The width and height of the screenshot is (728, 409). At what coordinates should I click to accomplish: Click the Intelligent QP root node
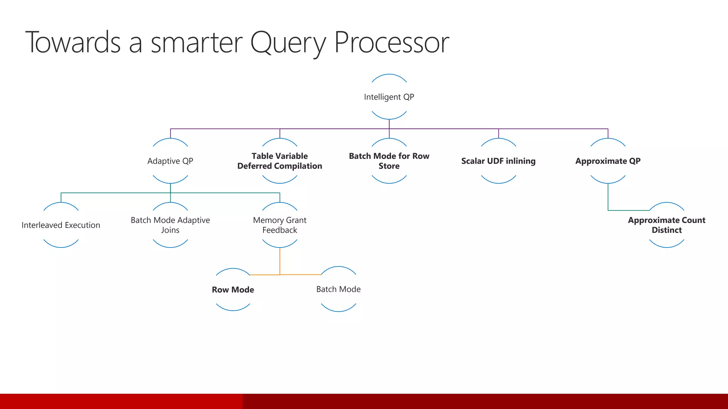point(389,97)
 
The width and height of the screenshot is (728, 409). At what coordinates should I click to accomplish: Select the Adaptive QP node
point(170,161)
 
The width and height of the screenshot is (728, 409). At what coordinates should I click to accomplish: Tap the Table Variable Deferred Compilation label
point(280,161)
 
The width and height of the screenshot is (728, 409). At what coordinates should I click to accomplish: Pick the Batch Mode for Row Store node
point(389,161)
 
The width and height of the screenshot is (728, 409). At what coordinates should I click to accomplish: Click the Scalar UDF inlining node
point(498,161)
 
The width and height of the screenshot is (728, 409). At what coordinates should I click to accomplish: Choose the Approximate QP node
point(608,161)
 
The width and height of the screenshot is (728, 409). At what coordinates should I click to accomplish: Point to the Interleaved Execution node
point(61,225)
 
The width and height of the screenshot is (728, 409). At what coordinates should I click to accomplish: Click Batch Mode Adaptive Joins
point(170,225)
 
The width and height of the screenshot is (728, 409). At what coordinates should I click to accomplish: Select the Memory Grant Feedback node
point(280,225)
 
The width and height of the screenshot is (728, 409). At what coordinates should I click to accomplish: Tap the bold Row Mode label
point(233,290)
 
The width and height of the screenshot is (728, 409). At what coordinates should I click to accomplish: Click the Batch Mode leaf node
point(338,289)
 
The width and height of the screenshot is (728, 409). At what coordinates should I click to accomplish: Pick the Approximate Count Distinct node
point(667,225)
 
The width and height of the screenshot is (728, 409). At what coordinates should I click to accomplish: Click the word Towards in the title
point(73,43)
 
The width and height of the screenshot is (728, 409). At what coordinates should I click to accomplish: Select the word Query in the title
point(288,43)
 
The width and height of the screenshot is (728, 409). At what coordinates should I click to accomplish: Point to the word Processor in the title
point(392,43)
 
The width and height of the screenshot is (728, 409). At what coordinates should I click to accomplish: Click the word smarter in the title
point(197,43)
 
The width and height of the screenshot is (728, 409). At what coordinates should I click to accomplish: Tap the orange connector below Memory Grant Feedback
point(280,261)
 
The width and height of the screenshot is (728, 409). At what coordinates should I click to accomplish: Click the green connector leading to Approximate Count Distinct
point(608,199)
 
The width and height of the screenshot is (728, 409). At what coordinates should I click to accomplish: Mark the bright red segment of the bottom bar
point(121,401)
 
